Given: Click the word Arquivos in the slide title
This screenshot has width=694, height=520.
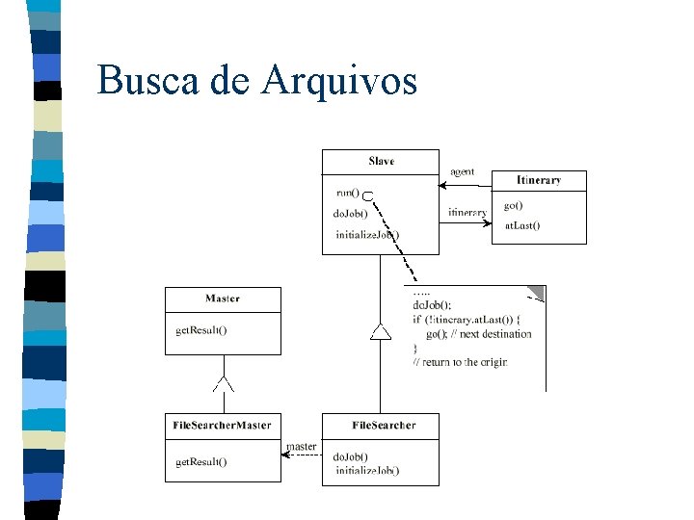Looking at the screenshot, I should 338,81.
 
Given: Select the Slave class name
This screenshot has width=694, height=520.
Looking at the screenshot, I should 381,161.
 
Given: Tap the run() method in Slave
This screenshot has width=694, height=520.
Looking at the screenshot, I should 347,192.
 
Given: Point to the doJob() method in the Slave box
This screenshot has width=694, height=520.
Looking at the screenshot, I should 351,213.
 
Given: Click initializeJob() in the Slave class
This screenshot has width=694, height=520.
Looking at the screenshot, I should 367,234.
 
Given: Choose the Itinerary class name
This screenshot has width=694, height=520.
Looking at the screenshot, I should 539,180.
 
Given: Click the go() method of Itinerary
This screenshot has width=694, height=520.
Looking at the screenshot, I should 514,206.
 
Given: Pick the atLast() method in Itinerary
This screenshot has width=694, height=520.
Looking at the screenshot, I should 521,226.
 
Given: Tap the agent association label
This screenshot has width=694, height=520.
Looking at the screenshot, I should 463,171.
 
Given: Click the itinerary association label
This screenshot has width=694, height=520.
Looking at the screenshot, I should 467,212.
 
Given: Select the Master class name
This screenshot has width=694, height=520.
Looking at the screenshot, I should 223,299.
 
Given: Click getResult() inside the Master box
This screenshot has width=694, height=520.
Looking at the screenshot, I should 201,330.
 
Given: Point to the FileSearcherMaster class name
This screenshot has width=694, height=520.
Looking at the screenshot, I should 223,425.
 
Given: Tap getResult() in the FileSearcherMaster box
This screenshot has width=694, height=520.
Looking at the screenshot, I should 201,462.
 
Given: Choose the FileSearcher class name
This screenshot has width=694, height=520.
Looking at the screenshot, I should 384,425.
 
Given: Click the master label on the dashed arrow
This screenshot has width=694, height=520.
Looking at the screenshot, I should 302,446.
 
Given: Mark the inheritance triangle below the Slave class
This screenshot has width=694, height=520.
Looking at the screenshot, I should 381,332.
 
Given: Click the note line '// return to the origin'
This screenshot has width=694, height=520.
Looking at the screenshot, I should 460,362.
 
